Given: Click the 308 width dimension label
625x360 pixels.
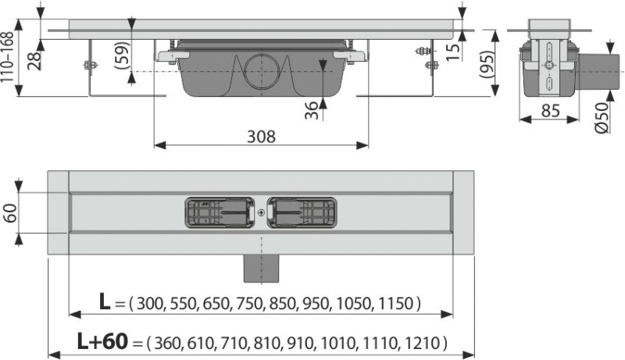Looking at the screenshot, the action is [x=261, y=137].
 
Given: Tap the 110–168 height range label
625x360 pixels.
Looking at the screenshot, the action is [x=7, y=57].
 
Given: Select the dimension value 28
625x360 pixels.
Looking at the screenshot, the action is [x=34, y=61].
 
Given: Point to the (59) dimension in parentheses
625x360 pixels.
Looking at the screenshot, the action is [x=122, y=55].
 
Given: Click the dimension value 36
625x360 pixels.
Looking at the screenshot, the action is [x=312, y=110].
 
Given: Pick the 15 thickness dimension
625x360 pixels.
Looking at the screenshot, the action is [x=452, y=52].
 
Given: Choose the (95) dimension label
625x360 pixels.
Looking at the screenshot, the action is [x=487, y=64].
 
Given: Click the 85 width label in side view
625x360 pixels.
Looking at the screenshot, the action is [x=551, y=110].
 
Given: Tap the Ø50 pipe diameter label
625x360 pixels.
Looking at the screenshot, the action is [x=602, y=118].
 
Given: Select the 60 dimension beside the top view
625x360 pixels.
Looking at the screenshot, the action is [x=9, y=213].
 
